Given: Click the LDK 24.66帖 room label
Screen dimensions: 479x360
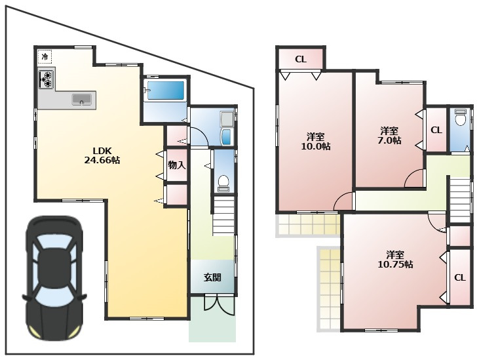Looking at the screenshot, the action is tap(102, 155).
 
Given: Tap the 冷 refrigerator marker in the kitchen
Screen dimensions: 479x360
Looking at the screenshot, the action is tap(45, 56).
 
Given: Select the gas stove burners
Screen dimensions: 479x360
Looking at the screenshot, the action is tap(47, 79).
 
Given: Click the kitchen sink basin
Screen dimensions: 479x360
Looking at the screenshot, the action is tap(81, 99).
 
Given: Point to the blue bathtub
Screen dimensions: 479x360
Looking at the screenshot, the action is tap(166, 90).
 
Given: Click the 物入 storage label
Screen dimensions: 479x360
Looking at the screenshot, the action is tap(177, 165).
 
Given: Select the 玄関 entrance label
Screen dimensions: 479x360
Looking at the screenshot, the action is tap(212, 277).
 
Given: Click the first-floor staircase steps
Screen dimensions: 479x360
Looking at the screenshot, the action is tap(224, 216).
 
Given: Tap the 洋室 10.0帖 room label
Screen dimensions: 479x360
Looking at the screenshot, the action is tap(316, 141).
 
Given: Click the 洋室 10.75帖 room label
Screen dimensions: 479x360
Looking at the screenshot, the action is tap(396, 260).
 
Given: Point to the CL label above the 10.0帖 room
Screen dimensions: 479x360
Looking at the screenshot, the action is tap(301, 59).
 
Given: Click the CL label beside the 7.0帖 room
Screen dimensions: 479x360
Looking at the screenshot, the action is tap(436, 130).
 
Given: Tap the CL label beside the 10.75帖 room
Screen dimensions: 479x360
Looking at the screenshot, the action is tap(460, 277).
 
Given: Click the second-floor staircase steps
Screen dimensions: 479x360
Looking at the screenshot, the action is tap(460, 201).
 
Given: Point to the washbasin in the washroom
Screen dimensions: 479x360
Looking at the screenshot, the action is tap(226, 136).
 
